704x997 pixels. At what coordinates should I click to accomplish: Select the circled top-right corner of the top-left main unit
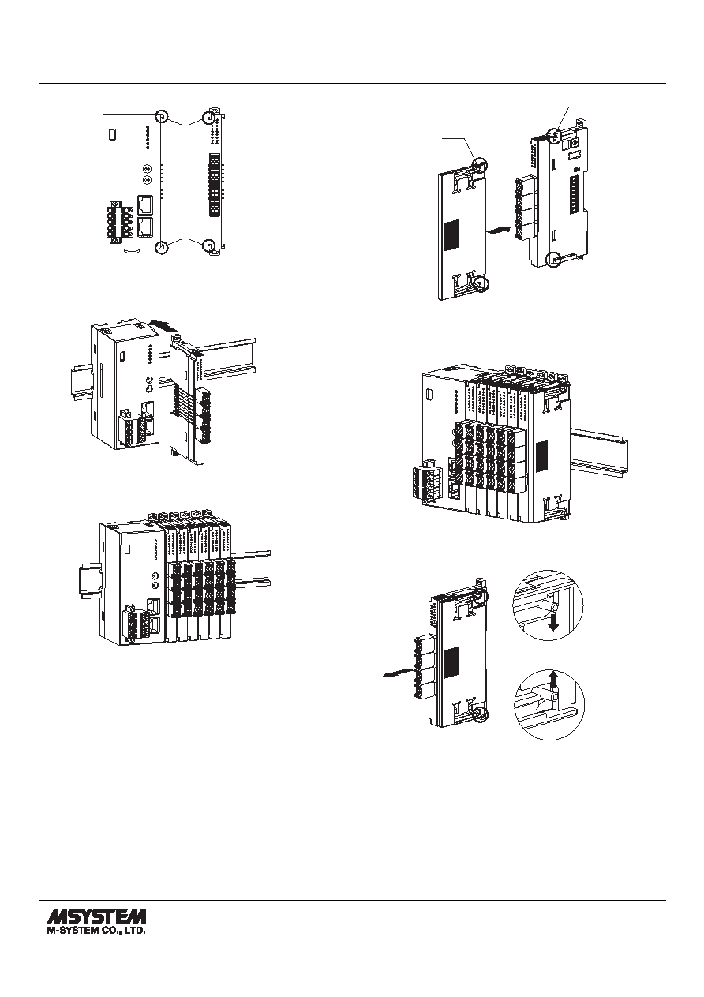point(162,118)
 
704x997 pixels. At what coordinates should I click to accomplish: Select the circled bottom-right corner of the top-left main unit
point(162,246)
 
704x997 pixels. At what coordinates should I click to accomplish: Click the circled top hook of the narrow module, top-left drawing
point(208,118)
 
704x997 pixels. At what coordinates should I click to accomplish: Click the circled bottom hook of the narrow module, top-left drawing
point(208,246)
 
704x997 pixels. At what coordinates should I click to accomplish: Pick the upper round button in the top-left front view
point(146,169)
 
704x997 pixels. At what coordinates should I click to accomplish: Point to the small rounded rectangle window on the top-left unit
point(113,133)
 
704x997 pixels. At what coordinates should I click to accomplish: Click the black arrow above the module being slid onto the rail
point(163,326)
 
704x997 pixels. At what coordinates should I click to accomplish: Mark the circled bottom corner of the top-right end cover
point(481,283)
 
